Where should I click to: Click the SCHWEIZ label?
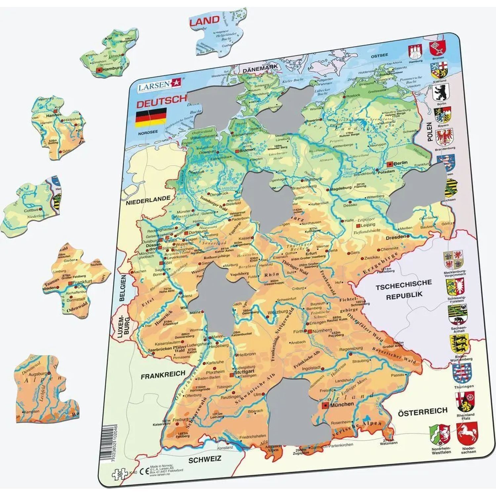pos(204,459)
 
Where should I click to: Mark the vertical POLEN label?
pos(429,132)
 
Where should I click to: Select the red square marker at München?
pos(325,405)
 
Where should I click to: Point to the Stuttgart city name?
pos(244,372)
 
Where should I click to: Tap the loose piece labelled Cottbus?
pos(31,207)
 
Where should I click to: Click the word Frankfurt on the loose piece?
pos(82,282)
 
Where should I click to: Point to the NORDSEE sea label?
pos(148,132)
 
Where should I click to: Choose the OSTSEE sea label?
pos(379,56)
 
